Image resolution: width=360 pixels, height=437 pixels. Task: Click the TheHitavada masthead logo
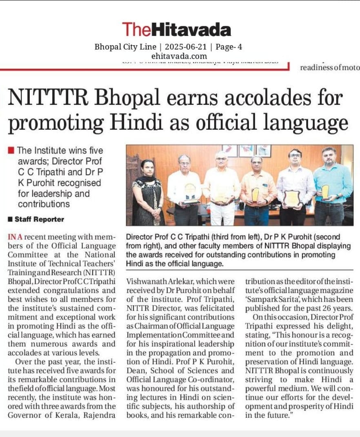[x=176, y=29]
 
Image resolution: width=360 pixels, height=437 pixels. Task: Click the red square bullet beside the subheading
[x=11, y=151]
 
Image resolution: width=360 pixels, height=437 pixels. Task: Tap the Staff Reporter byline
[x=39, y=219]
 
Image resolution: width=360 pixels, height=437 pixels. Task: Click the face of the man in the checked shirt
[x=295, y=157]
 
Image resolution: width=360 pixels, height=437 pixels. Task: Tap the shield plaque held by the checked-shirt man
[x=292, y=198]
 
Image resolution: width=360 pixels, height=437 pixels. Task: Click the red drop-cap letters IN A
[x=17, y=237]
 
